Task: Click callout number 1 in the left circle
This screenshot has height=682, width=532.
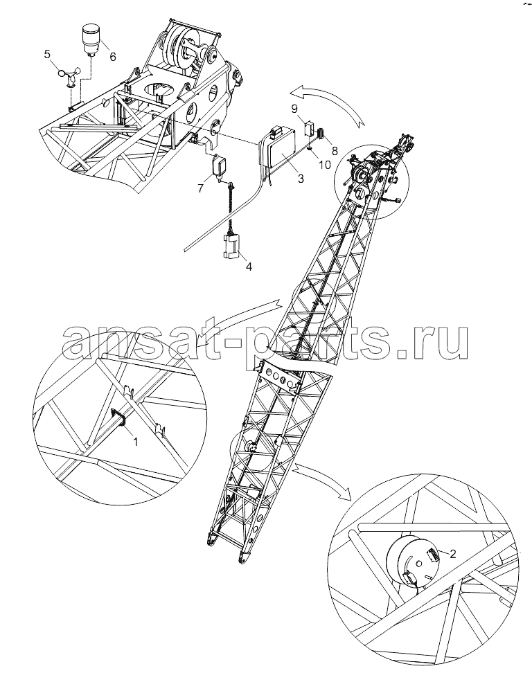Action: (x=135, y=442)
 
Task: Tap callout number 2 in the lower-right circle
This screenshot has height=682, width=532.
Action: (x=452, y=554)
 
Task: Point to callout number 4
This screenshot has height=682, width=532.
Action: (x=249, y=267)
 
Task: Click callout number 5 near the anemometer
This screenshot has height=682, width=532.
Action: (x=47, y=54)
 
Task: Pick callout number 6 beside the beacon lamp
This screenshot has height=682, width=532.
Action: (x=113, y=56)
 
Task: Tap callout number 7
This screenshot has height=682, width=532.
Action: (x=200, y=188)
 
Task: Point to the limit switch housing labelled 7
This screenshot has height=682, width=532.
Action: (x=219, y=167)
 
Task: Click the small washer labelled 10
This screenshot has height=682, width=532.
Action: (x=309, y=148)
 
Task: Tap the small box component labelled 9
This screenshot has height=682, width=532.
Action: (x=309, y=128)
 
